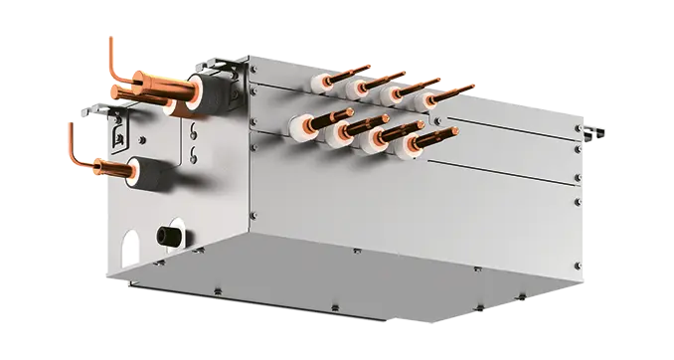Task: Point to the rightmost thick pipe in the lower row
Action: click(x=433, y=136)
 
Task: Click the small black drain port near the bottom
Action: click(x=167, y=236)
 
